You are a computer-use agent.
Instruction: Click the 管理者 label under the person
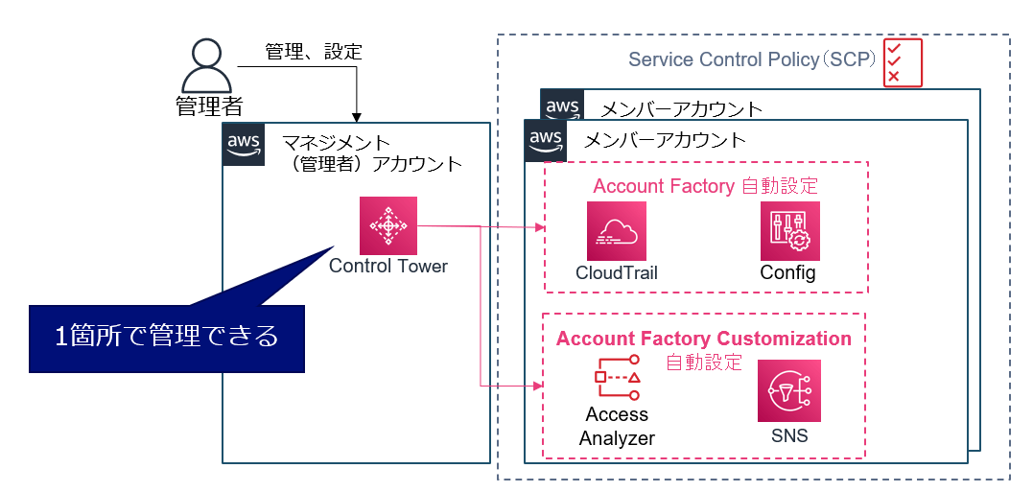[208, 105]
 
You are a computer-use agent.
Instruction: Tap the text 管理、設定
[314, 52]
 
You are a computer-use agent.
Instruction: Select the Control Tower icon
[388, 225]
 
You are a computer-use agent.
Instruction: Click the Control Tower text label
[388, 266]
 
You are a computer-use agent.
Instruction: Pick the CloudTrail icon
[617, 231]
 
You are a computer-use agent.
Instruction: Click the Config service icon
[789, 231]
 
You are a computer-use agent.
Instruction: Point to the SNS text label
[789, 436]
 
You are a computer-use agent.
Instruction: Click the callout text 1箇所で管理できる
[167, 337]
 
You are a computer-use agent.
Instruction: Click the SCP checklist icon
[902, 62]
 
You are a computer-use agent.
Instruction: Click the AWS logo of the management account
[244, 144]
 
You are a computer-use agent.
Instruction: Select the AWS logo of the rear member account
[561, 105]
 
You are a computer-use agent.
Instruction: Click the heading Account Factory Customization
[704, 339]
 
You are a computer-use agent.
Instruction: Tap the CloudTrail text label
[617, 273]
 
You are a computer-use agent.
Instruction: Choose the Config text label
[788, 273]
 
